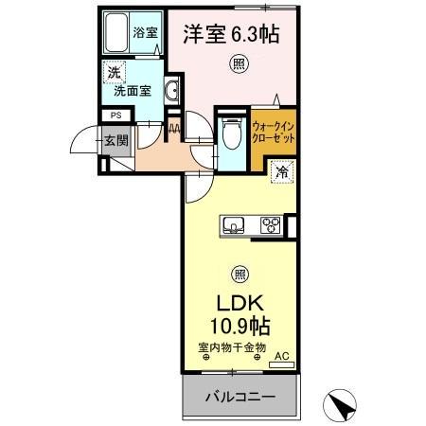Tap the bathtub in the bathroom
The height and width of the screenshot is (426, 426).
(119, 35)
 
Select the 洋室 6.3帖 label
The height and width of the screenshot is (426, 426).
(231, 33)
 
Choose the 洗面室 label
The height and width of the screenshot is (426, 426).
(133, 92)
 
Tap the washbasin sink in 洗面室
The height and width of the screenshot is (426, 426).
(173, 91)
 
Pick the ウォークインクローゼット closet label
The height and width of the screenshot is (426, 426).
(275, 133)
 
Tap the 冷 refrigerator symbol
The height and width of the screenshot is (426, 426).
(280, 171)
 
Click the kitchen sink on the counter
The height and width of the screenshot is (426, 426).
(234, 225)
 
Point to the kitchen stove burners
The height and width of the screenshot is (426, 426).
(270, 225)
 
